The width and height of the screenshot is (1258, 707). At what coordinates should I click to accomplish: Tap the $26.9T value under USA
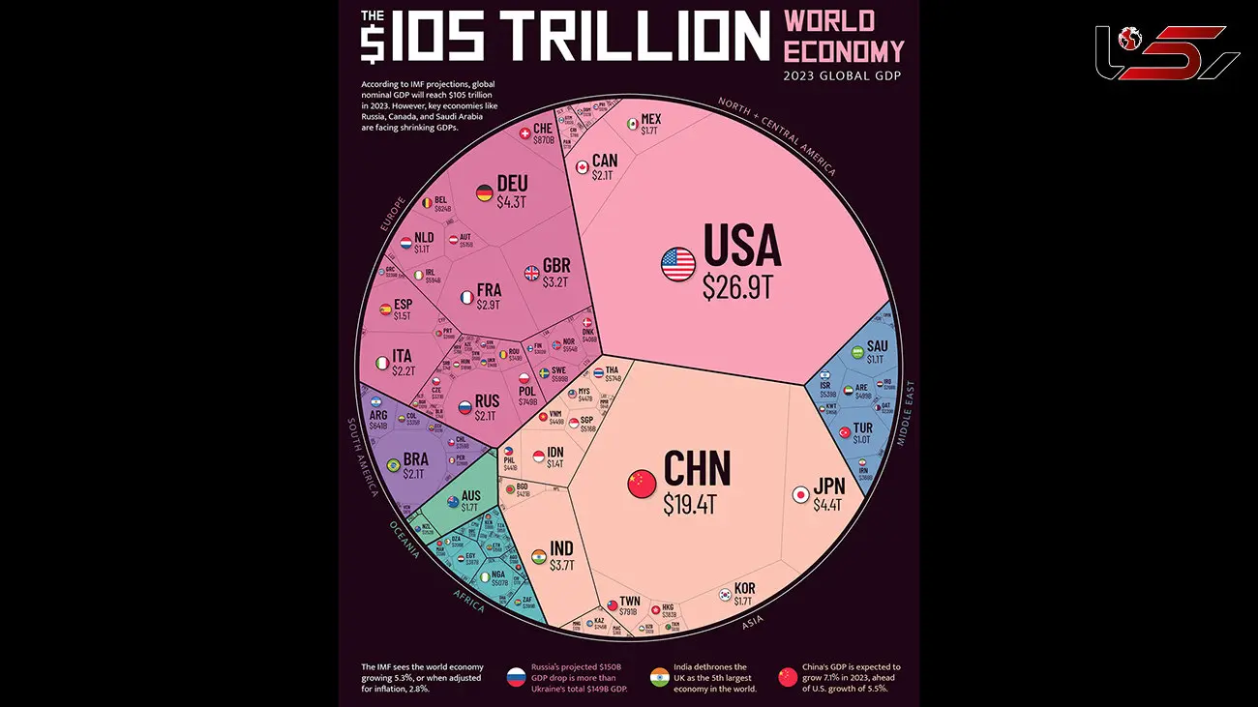[739, 287]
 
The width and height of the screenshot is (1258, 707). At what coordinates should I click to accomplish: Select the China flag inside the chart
[642, 484]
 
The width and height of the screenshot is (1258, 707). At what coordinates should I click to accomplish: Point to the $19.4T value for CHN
[694, 503]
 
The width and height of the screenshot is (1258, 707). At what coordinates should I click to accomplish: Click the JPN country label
[828, 486]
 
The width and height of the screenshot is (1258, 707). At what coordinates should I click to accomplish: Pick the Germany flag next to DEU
[485, 193]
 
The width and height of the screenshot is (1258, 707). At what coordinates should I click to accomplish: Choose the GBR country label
[556, 266]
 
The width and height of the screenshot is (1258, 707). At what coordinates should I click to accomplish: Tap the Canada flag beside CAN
[583, 167]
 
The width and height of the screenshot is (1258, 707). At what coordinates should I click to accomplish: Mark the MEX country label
[650, 120]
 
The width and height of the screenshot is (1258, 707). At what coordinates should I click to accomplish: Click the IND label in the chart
[562, 548]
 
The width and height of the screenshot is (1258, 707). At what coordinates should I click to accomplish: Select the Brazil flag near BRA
[394, 466]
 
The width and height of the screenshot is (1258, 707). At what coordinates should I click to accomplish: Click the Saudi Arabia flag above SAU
[857, 354]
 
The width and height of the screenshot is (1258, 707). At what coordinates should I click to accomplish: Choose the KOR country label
[744, 588]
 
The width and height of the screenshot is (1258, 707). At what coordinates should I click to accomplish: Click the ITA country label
[402, 356]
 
